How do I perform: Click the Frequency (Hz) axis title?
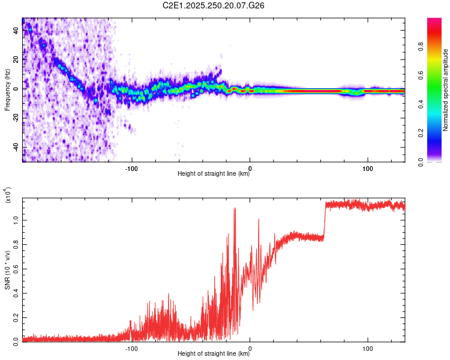pyautogui.click(x=7, y=89)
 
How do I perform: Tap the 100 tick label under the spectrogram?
pyautogui.click(x=367, y=168)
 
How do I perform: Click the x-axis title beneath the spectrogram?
pyautogui.click(x=214, y=175)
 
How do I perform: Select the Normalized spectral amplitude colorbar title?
pyautogui.click(x=446, y=90)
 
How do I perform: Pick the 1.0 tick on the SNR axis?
pyautogui.click(x=16, y=220)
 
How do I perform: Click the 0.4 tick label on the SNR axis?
pyautogui.click(x=16, y=293)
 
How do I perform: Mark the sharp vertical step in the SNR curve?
pyautogui.click(x=325, y=221)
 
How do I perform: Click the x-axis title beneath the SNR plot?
pyautogui.click(x=214, y=354)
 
